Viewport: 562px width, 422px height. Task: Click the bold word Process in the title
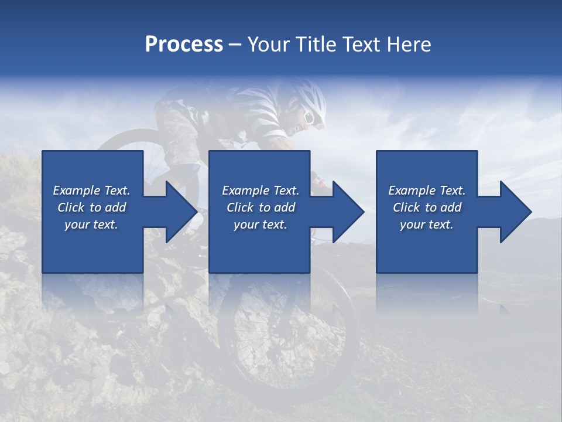[184, 44]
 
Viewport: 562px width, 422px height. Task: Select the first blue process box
[92, 246]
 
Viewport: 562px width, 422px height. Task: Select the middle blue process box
[259, 246]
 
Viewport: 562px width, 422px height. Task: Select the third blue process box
[426, 246]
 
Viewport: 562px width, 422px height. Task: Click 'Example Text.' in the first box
[91, 190]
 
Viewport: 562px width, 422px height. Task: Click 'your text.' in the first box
[91, 224]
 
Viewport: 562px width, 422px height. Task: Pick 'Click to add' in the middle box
[261, 207]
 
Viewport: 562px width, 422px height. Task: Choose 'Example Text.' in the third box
[427, 190]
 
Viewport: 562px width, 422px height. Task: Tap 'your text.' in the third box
[427, 224]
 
